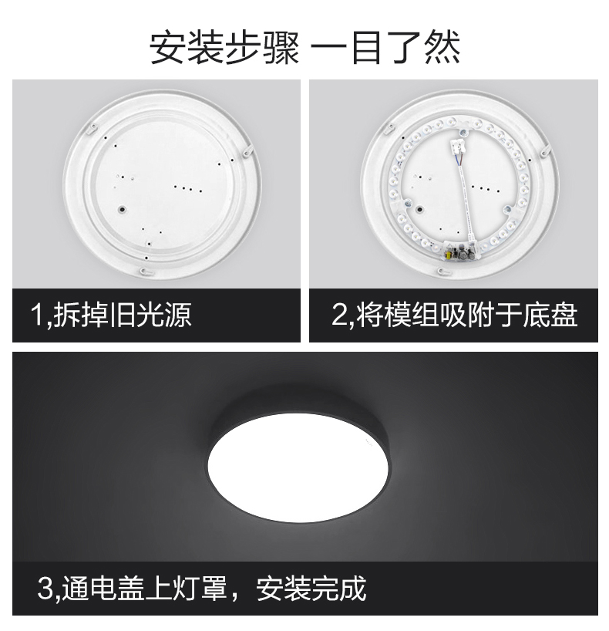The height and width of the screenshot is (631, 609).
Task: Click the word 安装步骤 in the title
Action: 224,49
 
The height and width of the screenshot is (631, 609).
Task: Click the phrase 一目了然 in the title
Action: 385,49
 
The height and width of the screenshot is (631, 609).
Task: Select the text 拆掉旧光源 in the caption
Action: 123,315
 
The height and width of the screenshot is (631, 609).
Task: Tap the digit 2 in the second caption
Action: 339,315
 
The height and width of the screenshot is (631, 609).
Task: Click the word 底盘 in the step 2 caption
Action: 550,315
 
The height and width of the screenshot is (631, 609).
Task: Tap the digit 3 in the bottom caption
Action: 45,589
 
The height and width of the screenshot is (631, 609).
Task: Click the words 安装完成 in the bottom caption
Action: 311,589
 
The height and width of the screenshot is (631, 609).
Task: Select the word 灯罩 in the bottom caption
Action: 200,589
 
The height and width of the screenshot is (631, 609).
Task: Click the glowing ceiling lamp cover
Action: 298,467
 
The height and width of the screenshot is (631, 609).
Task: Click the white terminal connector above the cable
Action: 459,147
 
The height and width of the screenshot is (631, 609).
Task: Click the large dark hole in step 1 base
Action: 122,209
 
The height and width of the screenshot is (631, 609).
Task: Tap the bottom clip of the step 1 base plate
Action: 146,272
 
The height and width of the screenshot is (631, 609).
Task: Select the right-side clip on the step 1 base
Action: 247,151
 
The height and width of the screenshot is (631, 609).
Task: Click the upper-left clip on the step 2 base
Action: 390,128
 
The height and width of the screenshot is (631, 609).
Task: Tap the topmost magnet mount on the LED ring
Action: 463,131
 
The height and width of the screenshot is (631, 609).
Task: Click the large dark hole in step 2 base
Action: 419,209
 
